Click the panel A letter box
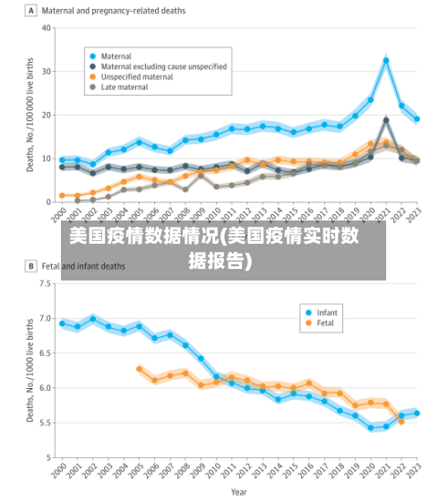pos(31,11)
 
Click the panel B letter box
pos(31,266)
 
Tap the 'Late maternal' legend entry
pos(125,88)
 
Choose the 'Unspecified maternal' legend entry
pos(137,77)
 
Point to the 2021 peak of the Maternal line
pos(386,61)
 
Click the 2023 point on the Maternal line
pos(417,119)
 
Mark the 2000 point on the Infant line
pos(62,323)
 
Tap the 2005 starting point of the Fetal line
pos(139,368)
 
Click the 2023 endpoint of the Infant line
pos(417,413)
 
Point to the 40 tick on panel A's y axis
pos(47,27)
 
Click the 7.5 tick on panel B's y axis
pos(46,284)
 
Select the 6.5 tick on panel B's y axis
pos(46,353)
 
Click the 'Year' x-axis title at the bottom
pos(238,491)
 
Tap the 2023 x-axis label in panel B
pos(415,472)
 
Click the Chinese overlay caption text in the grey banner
pos(223,248)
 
